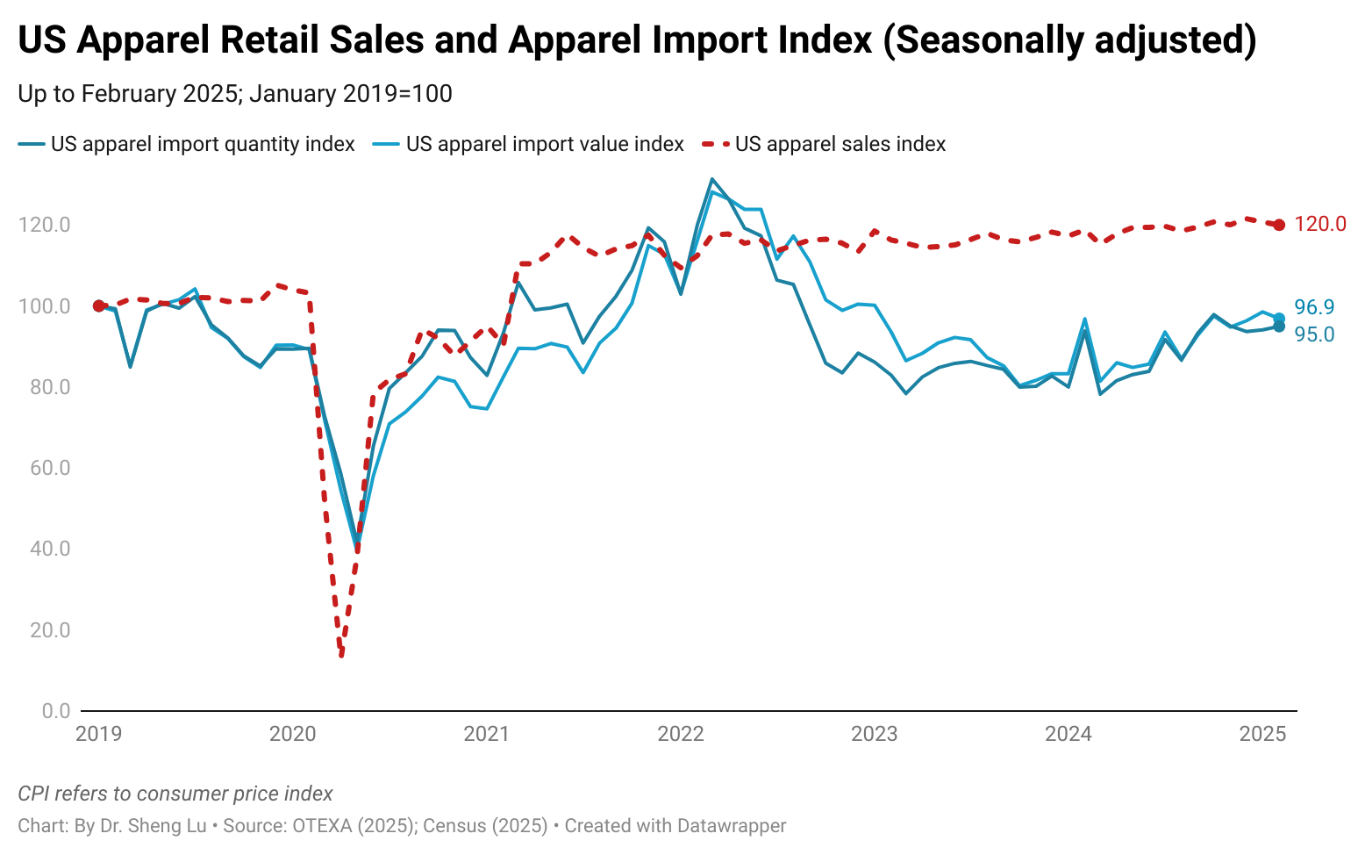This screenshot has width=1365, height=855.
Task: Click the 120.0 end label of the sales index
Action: click(1319, 225)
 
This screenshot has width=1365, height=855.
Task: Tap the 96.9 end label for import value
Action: click(1314, 307)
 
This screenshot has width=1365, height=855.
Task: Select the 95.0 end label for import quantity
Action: click(1314, 334)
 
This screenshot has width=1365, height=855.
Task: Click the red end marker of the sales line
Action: click(1279, 225)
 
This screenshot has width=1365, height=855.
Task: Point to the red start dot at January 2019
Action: click(98, 305)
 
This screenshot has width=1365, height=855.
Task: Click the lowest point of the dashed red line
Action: click(341, 655)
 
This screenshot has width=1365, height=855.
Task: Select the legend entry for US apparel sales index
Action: click(840, 144)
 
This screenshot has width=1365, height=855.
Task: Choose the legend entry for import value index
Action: click(544, 144)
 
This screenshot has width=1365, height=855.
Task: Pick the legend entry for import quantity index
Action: click(202, 144)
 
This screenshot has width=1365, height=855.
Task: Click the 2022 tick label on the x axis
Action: click(680, 734)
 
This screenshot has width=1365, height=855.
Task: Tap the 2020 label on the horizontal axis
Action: click(292, 734)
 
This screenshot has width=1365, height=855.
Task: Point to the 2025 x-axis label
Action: click(1262, 734)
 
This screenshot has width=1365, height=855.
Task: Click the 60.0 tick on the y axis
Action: click(44, 468)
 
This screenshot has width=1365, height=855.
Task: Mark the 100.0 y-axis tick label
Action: click(44, 306)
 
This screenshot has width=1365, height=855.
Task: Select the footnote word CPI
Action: click(35, 794)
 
